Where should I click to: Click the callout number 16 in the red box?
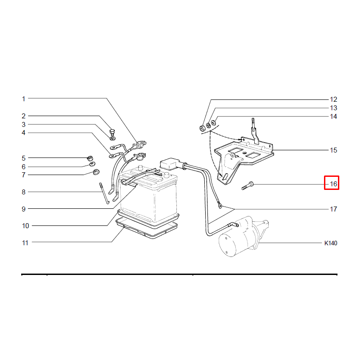click(x=333, y=184)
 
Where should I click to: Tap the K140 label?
click(x=331, y=243)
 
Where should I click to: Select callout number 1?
click(x=23, y=99)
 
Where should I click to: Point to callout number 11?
click(x=25, y=243)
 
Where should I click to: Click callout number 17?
click(x=333, y=209)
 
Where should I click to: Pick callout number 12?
click(x=333, y=99)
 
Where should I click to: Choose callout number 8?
click(x=23, y=192)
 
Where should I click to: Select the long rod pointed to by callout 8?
click(x=104, y=193)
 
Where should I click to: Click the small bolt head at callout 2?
click(x=112, y=132)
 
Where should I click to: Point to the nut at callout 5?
click(x=90, y=158)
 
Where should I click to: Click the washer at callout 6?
click(x=92, y=164)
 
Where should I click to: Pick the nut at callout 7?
click(x=96, y=172)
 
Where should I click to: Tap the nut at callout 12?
click(x=202, y=128)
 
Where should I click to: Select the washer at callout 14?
click(x=213, y=123)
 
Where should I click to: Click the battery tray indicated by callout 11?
click(x=147, y=229)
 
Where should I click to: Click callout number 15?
click(x=333, y=150)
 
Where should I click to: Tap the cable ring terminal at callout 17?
click(x=220, y=206)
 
